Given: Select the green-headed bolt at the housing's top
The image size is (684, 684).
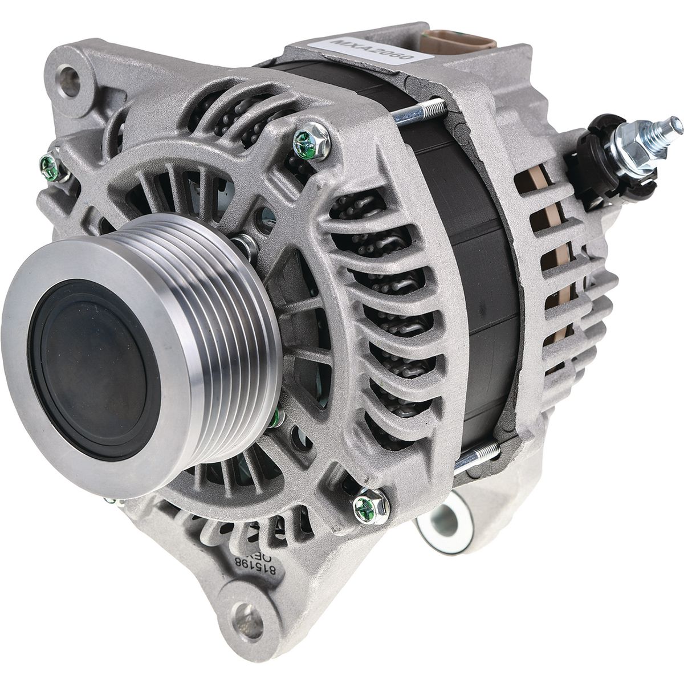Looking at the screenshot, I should [308, 138].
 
